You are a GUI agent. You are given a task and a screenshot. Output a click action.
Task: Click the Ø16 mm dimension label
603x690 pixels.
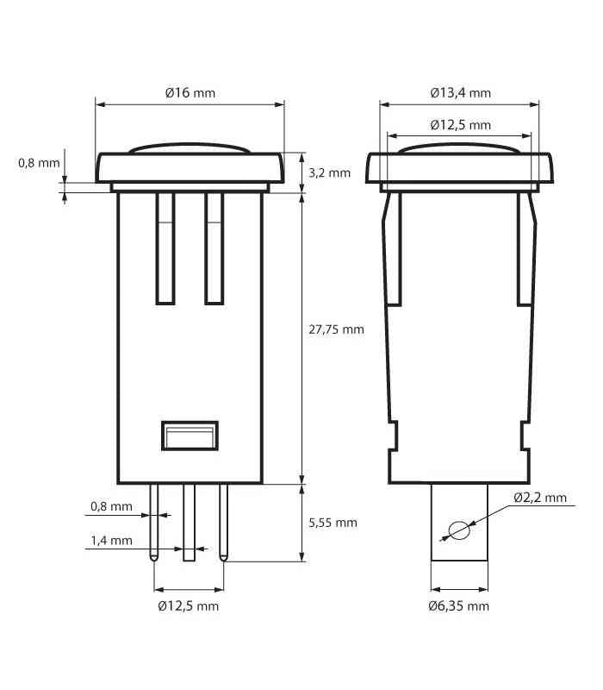click(x=190, y=93)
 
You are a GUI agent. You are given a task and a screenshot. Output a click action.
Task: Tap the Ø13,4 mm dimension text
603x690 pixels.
click(x=461, y=93)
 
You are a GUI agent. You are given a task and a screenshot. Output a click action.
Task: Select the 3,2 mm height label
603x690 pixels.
click(x=329, y=173)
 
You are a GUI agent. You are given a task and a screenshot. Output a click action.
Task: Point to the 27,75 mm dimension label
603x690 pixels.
click(x=336, y=329)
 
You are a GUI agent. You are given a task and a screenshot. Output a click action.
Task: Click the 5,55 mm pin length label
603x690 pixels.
click(x=333, y=523)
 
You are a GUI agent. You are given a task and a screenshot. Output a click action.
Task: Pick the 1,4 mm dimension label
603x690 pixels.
click(x=111, y=541)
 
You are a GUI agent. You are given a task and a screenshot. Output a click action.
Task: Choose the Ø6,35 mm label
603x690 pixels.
click(x=459, y=606)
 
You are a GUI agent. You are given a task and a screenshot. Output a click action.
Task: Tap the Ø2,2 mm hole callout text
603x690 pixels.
click(x=540, y=498)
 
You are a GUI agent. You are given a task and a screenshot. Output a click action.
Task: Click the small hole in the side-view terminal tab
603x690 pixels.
click(x=459, y=530)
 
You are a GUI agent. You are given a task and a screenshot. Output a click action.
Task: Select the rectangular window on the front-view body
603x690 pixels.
click(x=190, y=436)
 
